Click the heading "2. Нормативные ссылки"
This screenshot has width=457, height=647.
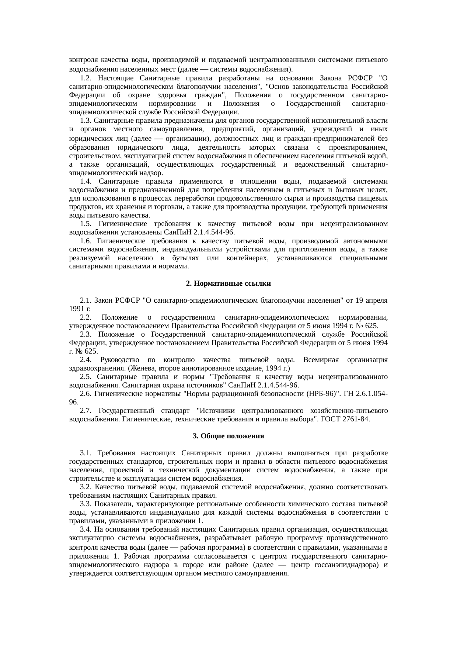[x=228, y=284]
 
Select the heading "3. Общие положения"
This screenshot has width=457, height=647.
[x=228, y=436]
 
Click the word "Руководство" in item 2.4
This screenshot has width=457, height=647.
[x=119, y=360]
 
